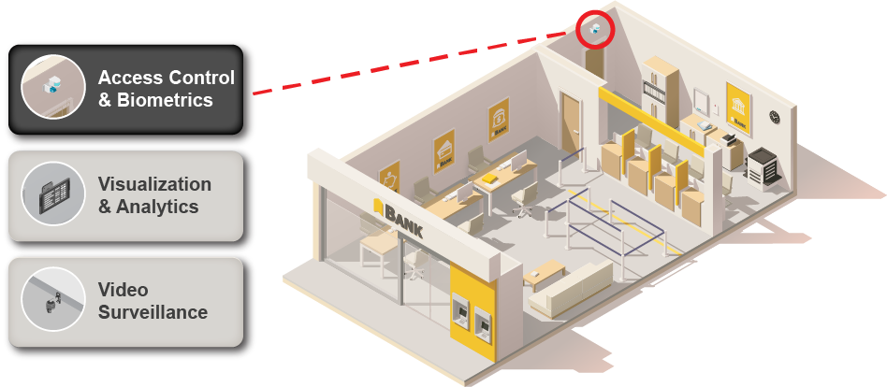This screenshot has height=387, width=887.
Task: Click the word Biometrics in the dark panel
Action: pos(165,100)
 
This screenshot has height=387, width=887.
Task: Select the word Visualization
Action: pos(154,184)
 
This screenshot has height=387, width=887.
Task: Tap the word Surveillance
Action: pos(153,312)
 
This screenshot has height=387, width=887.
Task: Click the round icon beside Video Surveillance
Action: pos(53,299)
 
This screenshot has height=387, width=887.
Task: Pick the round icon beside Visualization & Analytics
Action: pos(53,194)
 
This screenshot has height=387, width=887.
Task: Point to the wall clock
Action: pos(775,117)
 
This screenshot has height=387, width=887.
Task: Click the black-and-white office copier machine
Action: pos(764,167)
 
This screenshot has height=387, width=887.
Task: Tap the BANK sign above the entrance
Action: pos(399,218)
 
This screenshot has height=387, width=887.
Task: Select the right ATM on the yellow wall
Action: pos(482,325)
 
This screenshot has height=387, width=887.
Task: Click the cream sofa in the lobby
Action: pos(570,288)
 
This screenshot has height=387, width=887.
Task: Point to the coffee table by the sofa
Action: pos(544,274)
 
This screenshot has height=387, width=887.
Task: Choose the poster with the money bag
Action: pos(499,121)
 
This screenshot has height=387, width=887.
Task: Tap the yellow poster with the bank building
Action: pos(739,109)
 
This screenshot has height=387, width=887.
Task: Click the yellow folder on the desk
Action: pos(488,178)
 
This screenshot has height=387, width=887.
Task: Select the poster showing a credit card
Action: pos(444,150)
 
